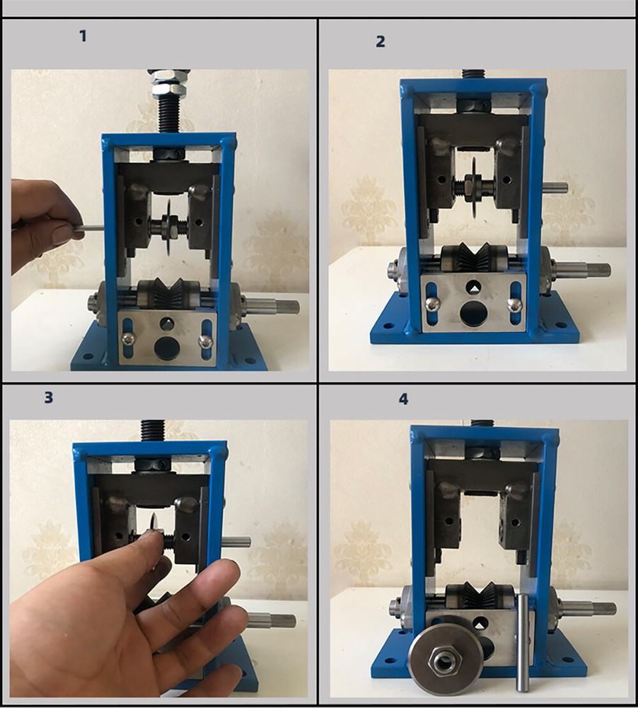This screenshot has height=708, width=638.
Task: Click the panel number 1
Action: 83,35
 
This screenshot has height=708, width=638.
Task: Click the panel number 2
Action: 381,41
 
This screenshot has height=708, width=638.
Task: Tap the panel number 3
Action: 48,397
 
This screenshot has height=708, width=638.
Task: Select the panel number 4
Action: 403,399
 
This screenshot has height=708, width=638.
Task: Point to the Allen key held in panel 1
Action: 91,227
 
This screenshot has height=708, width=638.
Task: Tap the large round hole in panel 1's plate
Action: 167,349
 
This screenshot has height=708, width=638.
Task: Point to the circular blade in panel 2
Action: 472,185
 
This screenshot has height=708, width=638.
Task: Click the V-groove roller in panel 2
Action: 472,258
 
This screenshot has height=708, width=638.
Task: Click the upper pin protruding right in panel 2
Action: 555,187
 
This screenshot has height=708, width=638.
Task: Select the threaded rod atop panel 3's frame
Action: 153,429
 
